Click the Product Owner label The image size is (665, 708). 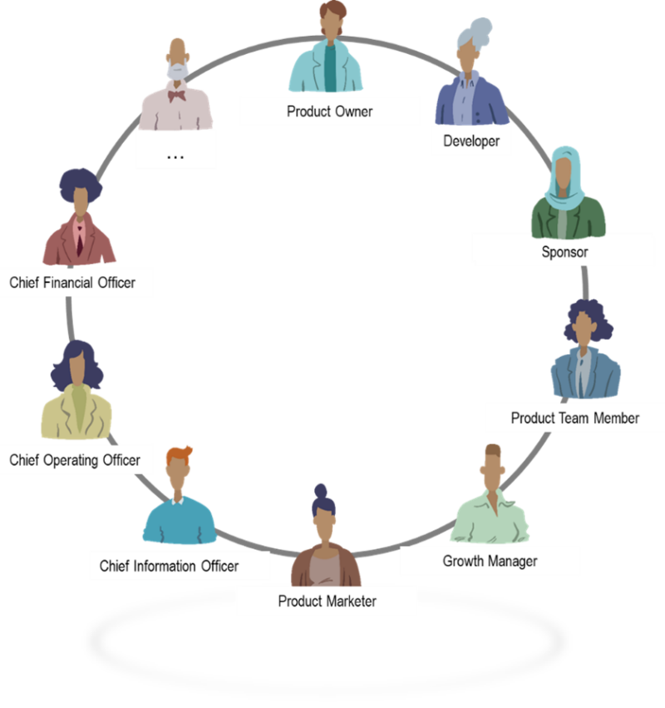pyautogui.click(x=329, y=111)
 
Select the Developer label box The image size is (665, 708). pyautogui.click(x=470, y=141)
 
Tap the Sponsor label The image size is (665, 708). pyautogui.click(x=564, y=251)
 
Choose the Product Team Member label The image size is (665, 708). pyautogui.click(x=574, y=418)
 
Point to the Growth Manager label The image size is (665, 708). pyautogui.click(x=490, y=561)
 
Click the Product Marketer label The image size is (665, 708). pyautogui.click(x=327, y=601)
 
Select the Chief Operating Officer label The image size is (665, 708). pyautogui.click(x=75, y=459)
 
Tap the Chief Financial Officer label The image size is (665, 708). pyautogui.click(x=72, y=282)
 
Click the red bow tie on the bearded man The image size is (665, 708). pyautogui.click(x=176, y=96)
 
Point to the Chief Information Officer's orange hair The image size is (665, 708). pyautogui.click(x=179, y=454)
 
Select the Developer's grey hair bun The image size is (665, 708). pyautogui.click(x=479, y=33)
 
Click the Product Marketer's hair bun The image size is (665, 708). pyautogui.click(x=321, y=491)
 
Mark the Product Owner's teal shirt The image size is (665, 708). pyautogui.click(x=331, y=71)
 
